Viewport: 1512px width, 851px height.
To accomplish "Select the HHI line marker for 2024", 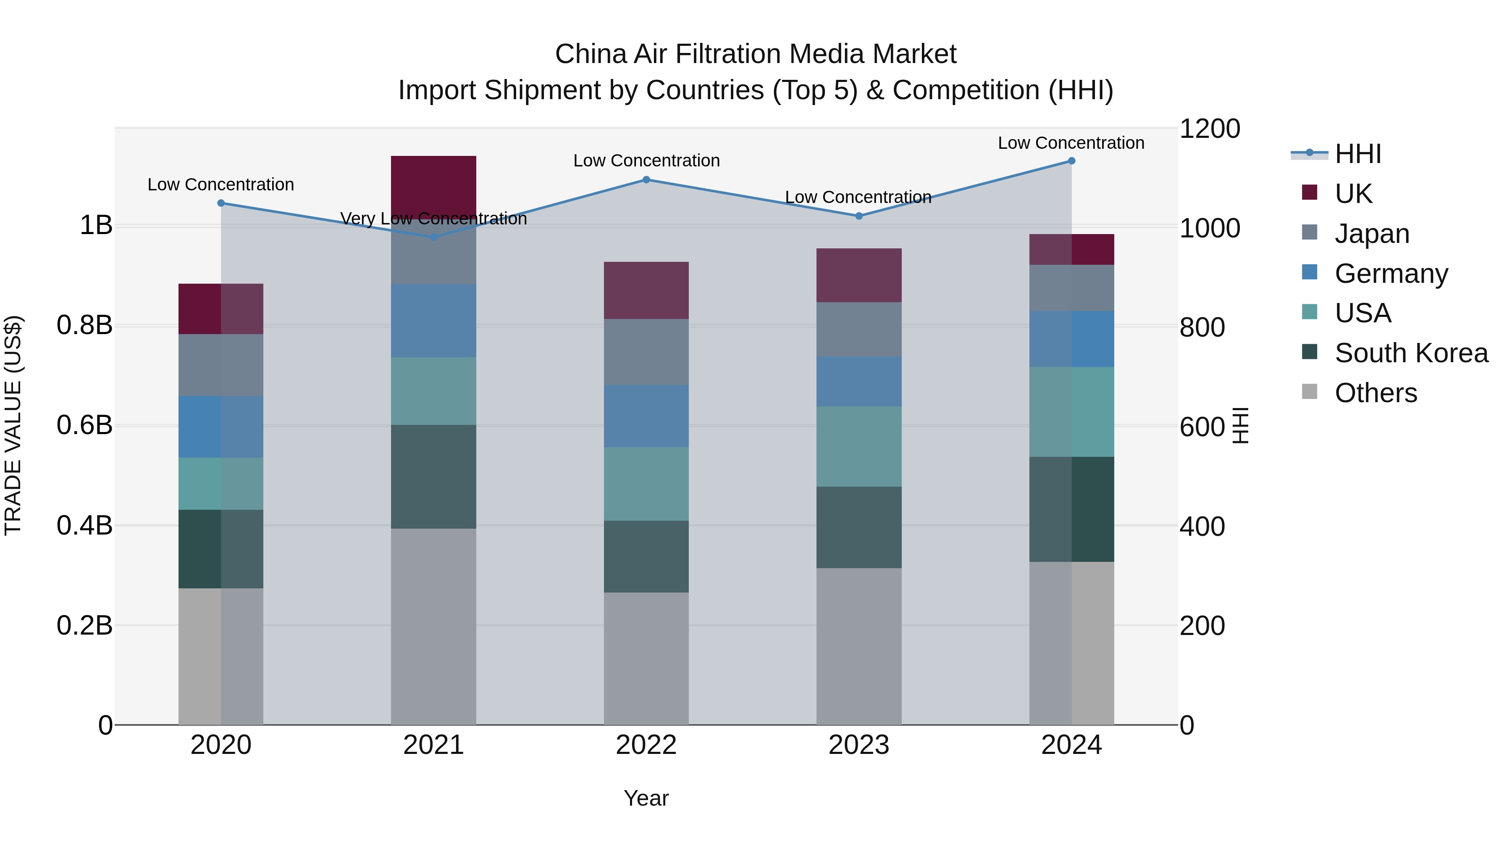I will click(1071, 161).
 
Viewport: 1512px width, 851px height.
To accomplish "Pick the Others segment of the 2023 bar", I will click(859, 646).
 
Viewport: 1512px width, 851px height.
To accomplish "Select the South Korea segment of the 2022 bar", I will click(646, 556).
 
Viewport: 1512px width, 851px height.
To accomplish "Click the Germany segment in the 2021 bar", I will click(434, 321).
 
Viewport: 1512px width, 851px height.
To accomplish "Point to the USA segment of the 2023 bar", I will click(859, 446).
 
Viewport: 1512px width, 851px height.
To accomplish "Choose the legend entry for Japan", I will click(1372, 234).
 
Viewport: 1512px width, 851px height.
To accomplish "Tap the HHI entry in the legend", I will click(1357, 154).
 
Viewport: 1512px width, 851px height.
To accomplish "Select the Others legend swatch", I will click(1310, 392).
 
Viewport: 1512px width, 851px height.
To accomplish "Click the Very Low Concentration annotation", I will click(434, 219).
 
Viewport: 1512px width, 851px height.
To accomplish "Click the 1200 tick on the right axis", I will click(1209, 129).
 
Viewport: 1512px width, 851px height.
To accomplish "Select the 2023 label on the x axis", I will click(859, 745).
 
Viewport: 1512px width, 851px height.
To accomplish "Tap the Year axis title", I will click(646, 798).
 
